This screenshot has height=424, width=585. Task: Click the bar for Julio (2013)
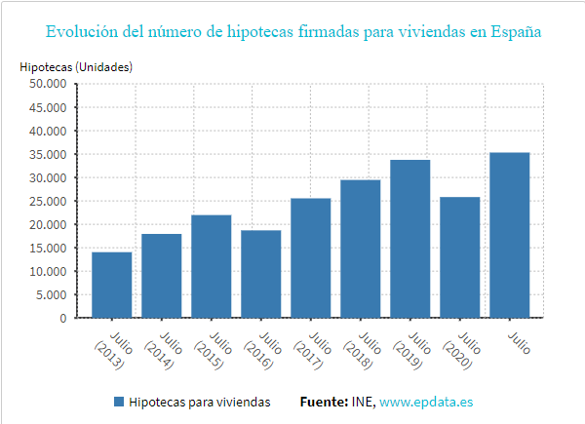pyautogui.click(x=111, y=285)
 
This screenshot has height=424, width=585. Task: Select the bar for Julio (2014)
pyautogui.click(x=161, y=276)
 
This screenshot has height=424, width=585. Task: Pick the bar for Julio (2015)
pyautogui.click(x=211, y=266)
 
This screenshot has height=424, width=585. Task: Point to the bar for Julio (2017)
pyautogui.click(x=311, y=258)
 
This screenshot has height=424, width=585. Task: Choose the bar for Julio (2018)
pyautogui.click(x=361, y=249)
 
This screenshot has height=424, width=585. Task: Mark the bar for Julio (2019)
pyautogui.click(x=410, y=239)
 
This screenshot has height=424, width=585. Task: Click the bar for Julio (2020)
pyautogui.click(x=460, y=257)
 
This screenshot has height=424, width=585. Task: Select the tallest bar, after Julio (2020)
pyautogui.click(x=510, y=235)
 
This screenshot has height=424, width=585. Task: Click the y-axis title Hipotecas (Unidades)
pyautogui.click(x=76, y=67)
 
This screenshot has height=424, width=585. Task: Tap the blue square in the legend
pyautogui.click(x=119, y=402)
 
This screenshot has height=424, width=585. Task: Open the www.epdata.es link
pyautogui.click(x=426, y=402)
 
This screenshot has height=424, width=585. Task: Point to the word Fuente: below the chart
pyautogui.click(x=323, y=402)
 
